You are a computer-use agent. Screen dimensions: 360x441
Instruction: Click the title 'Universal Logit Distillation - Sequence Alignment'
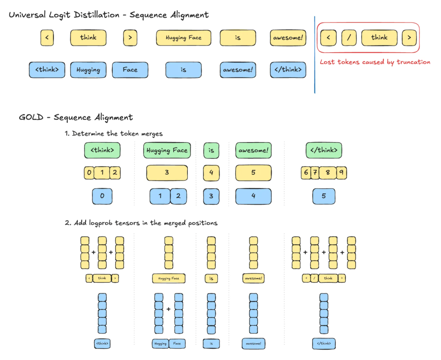tap(109, 15)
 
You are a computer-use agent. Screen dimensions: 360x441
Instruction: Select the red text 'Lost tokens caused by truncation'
tap(375, 62)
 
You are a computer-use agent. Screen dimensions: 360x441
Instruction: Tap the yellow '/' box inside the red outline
tap(349, 38)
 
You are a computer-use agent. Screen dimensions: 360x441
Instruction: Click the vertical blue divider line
tap(315, 55)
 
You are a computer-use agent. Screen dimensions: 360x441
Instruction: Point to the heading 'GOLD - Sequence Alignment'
tap(76, 118)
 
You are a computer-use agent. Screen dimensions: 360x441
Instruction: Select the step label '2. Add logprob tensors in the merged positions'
tap(141, 223)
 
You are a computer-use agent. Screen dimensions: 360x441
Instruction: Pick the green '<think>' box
tap(102, 150)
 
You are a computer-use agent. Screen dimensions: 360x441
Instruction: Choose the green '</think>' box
tap(324, 150)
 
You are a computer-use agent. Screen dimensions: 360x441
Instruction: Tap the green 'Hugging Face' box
tap(167, 150)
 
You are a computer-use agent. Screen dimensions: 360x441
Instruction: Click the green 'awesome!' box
tap(253, 150)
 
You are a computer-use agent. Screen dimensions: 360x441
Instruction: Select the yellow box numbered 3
tap(167, 173)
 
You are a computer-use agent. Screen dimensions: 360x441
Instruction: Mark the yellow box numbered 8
tap(327, 173)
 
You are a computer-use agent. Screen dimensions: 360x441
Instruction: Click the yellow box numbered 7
tap(315, 173)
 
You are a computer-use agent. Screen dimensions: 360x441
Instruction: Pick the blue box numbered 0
tap(102, 196)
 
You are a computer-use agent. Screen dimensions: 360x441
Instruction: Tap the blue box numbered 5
tap(324, 196)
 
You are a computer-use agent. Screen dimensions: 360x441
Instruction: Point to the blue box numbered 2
tap(178, 196)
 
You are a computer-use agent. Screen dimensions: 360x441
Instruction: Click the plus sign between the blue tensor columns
tap(168, 309)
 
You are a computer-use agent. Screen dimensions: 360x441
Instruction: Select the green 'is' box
tap(211, 150)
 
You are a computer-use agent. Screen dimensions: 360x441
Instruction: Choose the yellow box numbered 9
tap(341, 173)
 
